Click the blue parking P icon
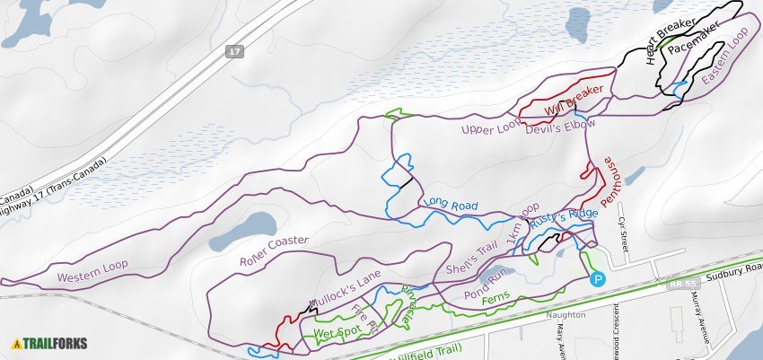[599, 279]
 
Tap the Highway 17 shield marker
[235, 52]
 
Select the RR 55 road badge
[683, 283]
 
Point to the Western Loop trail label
[92, 271]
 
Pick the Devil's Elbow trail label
[560, 129]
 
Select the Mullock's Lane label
[346, 286]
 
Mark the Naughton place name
[566, 316]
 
